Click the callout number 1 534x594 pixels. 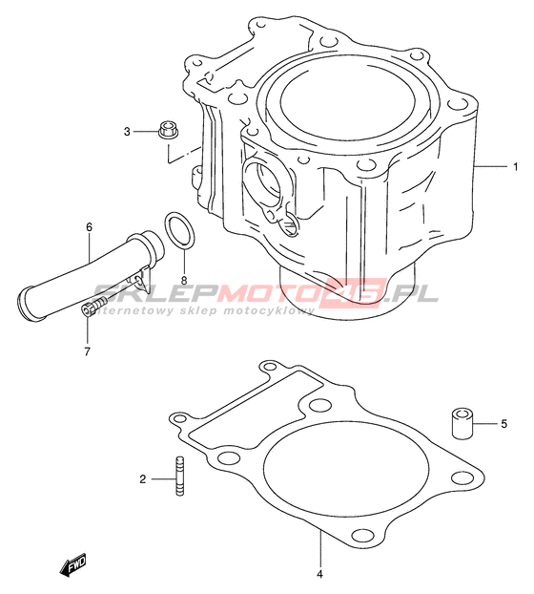pyautogui.click(x=515, y=167)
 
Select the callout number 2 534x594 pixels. pyautogui.click(x=143, y=479)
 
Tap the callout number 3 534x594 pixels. pyautogui.click(x=127, y=132)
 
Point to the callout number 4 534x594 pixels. pyautogui.click(x=320, y=574)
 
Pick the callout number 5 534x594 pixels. pyautogui.click(x=504, y=424)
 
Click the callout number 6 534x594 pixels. pyautogui.click(x=89, y=227)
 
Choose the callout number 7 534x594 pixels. pyautogui.click(x=88, y=351)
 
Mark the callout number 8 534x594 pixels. pyautogui.click(x=184, y=281)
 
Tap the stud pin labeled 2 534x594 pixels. pyautogui.click(x=180, y=476)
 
